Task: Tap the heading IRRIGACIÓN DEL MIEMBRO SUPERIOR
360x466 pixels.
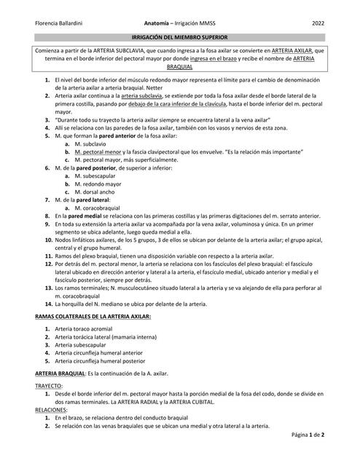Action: coord(180,36)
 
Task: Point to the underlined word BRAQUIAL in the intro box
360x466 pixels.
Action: coord(180,67)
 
